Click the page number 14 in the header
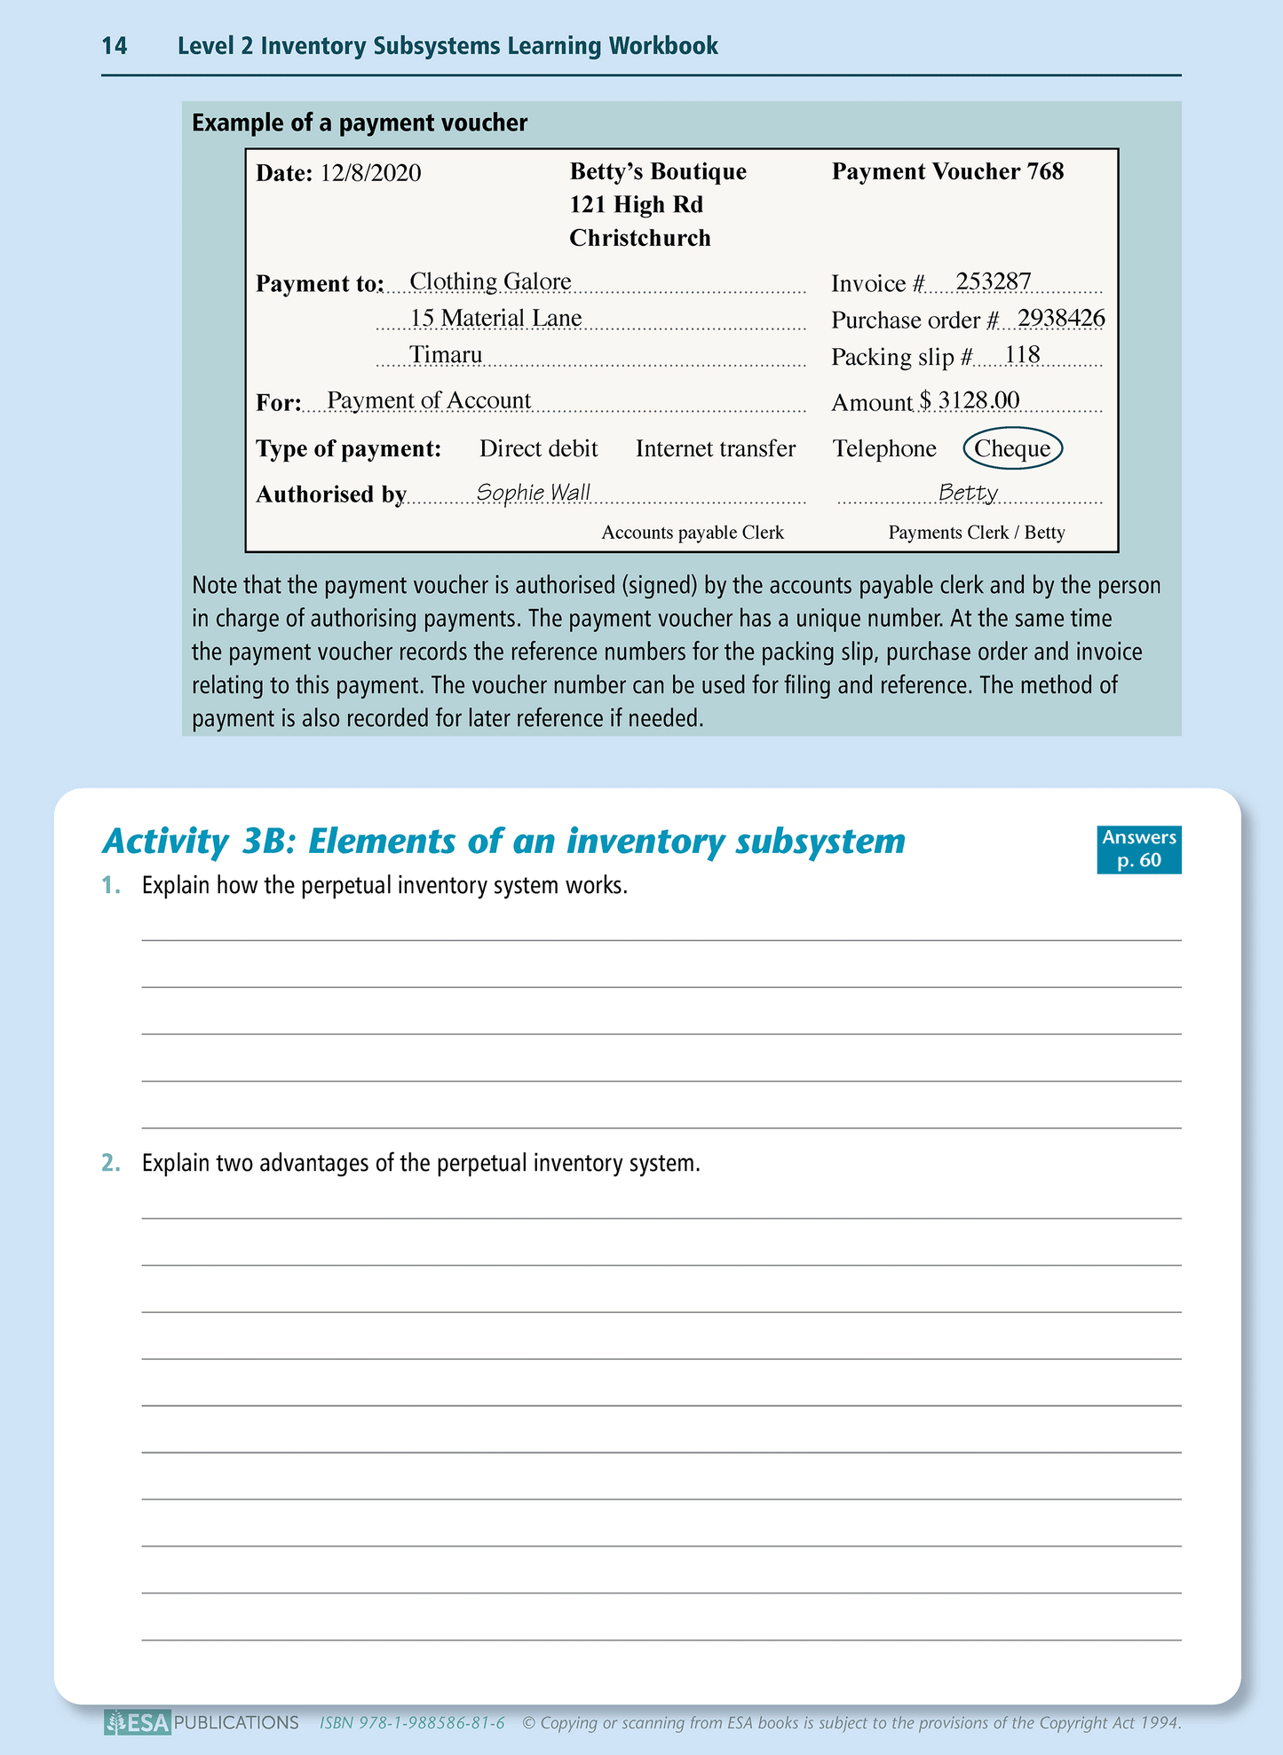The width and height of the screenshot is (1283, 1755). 115,46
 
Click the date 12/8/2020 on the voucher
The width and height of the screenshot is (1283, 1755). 370,173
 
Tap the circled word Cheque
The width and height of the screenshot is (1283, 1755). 1012,449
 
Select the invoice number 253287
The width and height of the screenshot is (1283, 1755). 994,282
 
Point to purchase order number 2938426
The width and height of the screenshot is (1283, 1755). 1061,318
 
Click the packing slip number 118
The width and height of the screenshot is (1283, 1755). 1022,355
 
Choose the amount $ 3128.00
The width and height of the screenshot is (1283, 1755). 970,400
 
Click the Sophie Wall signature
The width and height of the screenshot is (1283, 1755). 533,492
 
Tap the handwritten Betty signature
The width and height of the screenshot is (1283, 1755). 968,492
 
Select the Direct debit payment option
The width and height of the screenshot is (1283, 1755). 538,449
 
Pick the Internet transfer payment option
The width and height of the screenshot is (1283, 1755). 716,449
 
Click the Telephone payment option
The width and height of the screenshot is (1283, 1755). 884,449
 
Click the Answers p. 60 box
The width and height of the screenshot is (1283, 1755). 1138,849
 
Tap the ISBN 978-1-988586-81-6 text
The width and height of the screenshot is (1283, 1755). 412,1723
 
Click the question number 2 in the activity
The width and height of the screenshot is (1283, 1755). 111,1163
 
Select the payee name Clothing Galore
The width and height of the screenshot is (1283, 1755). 490,282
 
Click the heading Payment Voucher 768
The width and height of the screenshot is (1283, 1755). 947,172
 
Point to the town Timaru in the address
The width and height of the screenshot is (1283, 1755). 446,355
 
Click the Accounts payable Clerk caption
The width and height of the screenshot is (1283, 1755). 693,533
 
